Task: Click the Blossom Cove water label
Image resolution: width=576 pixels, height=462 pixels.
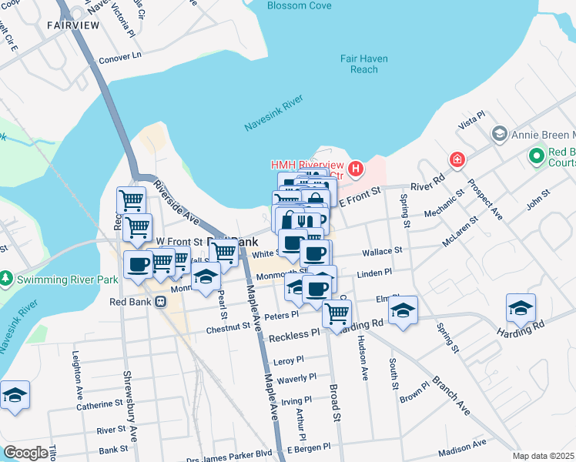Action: tap(299, 5)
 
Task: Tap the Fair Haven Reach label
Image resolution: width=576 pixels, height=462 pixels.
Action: tap(363, 64)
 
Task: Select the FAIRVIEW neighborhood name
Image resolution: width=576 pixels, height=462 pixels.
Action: tap(73, 25)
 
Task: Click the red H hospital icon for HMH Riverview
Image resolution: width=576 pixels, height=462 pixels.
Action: tap(356, 168)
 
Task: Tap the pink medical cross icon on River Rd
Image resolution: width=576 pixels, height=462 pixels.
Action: tap(457, 159)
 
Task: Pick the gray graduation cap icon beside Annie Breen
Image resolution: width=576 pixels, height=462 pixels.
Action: tap(499, 134)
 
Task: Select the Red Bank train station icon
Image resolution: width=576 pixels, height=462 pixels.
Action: tap(162, 302)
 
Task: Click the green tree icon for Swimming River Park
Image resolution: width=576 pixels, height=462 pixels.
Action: tap(6, 277)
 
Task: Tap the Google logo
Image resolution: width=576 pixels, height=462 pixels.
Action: tap(25, 453)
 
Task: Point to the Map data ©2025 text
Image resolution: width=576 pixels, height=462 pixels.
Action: tap(544, 456)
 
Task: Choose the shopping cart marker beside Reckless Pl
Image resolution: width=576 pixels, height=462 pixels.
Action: tap(337, 313)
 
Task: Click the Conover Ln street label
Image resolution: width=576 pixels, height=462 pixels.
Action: tap(122, 56)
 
